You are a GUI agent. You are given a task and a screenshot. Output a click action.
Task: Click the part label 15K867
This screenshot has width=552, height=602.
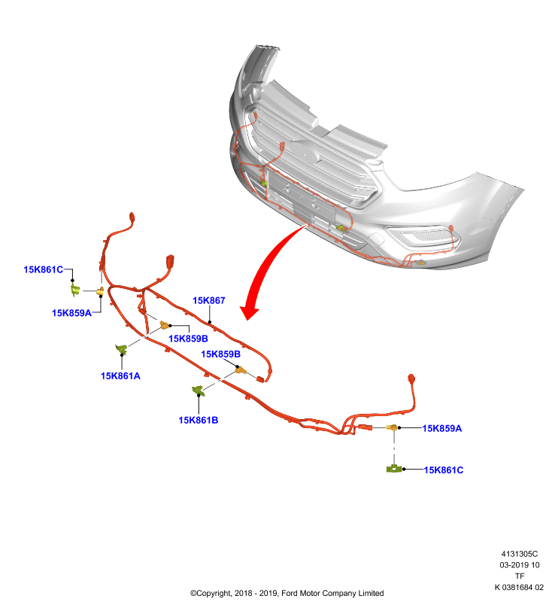tap(208, 300)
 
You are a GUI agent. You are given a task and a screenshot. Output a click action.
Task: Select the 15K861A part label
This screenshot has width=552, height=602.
tap(120, 375)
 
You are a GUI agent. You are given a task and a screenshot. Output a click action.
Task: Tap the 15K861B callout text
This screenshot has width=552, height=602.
tap(199, 420)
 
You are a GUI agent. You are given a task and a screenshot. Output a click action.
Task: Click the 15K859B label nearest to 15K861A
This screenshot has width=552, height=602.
tap(188, 338)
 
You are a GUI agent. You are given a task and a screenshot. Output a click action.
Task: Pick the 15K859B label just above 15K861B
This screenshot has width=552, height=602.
tap(220, 354)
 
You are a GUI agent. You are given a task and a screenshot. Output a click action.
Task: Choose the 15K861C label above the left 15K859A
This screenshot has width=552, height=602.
tap(44, 269)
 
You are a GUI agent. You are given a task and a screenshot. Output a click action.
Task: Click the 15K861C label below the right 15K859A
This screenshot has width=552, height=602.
tap(444, 470)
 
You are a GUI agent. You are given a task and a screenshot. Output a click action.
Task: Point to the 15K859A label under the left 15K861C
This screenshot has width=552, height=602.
tap(71, 313)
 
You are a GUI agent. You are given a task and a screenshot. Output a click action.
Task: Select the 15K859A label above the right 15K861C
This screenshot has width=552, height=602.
tap(442, 428)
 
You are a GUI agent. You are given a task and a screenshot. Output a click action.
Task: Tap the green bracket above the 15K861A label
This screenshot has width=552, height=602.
tap(121, 349)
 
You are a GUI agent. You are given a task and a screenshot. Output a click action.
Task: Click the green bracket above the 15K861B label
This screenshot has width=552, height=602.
tap(198, 391)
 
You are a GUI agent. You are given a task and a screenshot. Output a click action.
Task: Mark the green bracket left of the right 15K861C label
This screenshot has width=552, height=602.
tap(393, 469)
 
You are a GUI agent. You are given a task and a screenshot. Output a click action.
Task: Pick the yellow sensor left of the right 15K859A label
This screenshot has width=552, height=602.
tap(393, 427)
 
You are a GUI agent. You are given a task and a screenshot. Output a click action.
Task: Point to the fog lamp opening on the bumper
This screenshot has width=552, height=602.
tap(423, 235)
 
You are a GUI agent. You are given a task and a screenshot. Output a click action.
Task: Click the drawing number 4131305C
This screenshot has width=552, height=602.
tap(520, 554)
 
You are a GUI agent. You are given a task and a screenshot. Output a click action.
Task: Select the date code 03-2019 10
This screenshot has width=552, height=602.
tap(520, 565)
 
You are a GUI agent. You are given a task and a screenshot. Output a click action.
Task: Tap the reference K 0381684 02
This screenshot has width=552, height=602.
tap(519, 588)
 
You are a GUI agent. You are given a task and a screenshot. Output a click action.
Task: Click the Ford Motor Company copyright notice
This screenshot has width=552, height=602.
tap(287, 593)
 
